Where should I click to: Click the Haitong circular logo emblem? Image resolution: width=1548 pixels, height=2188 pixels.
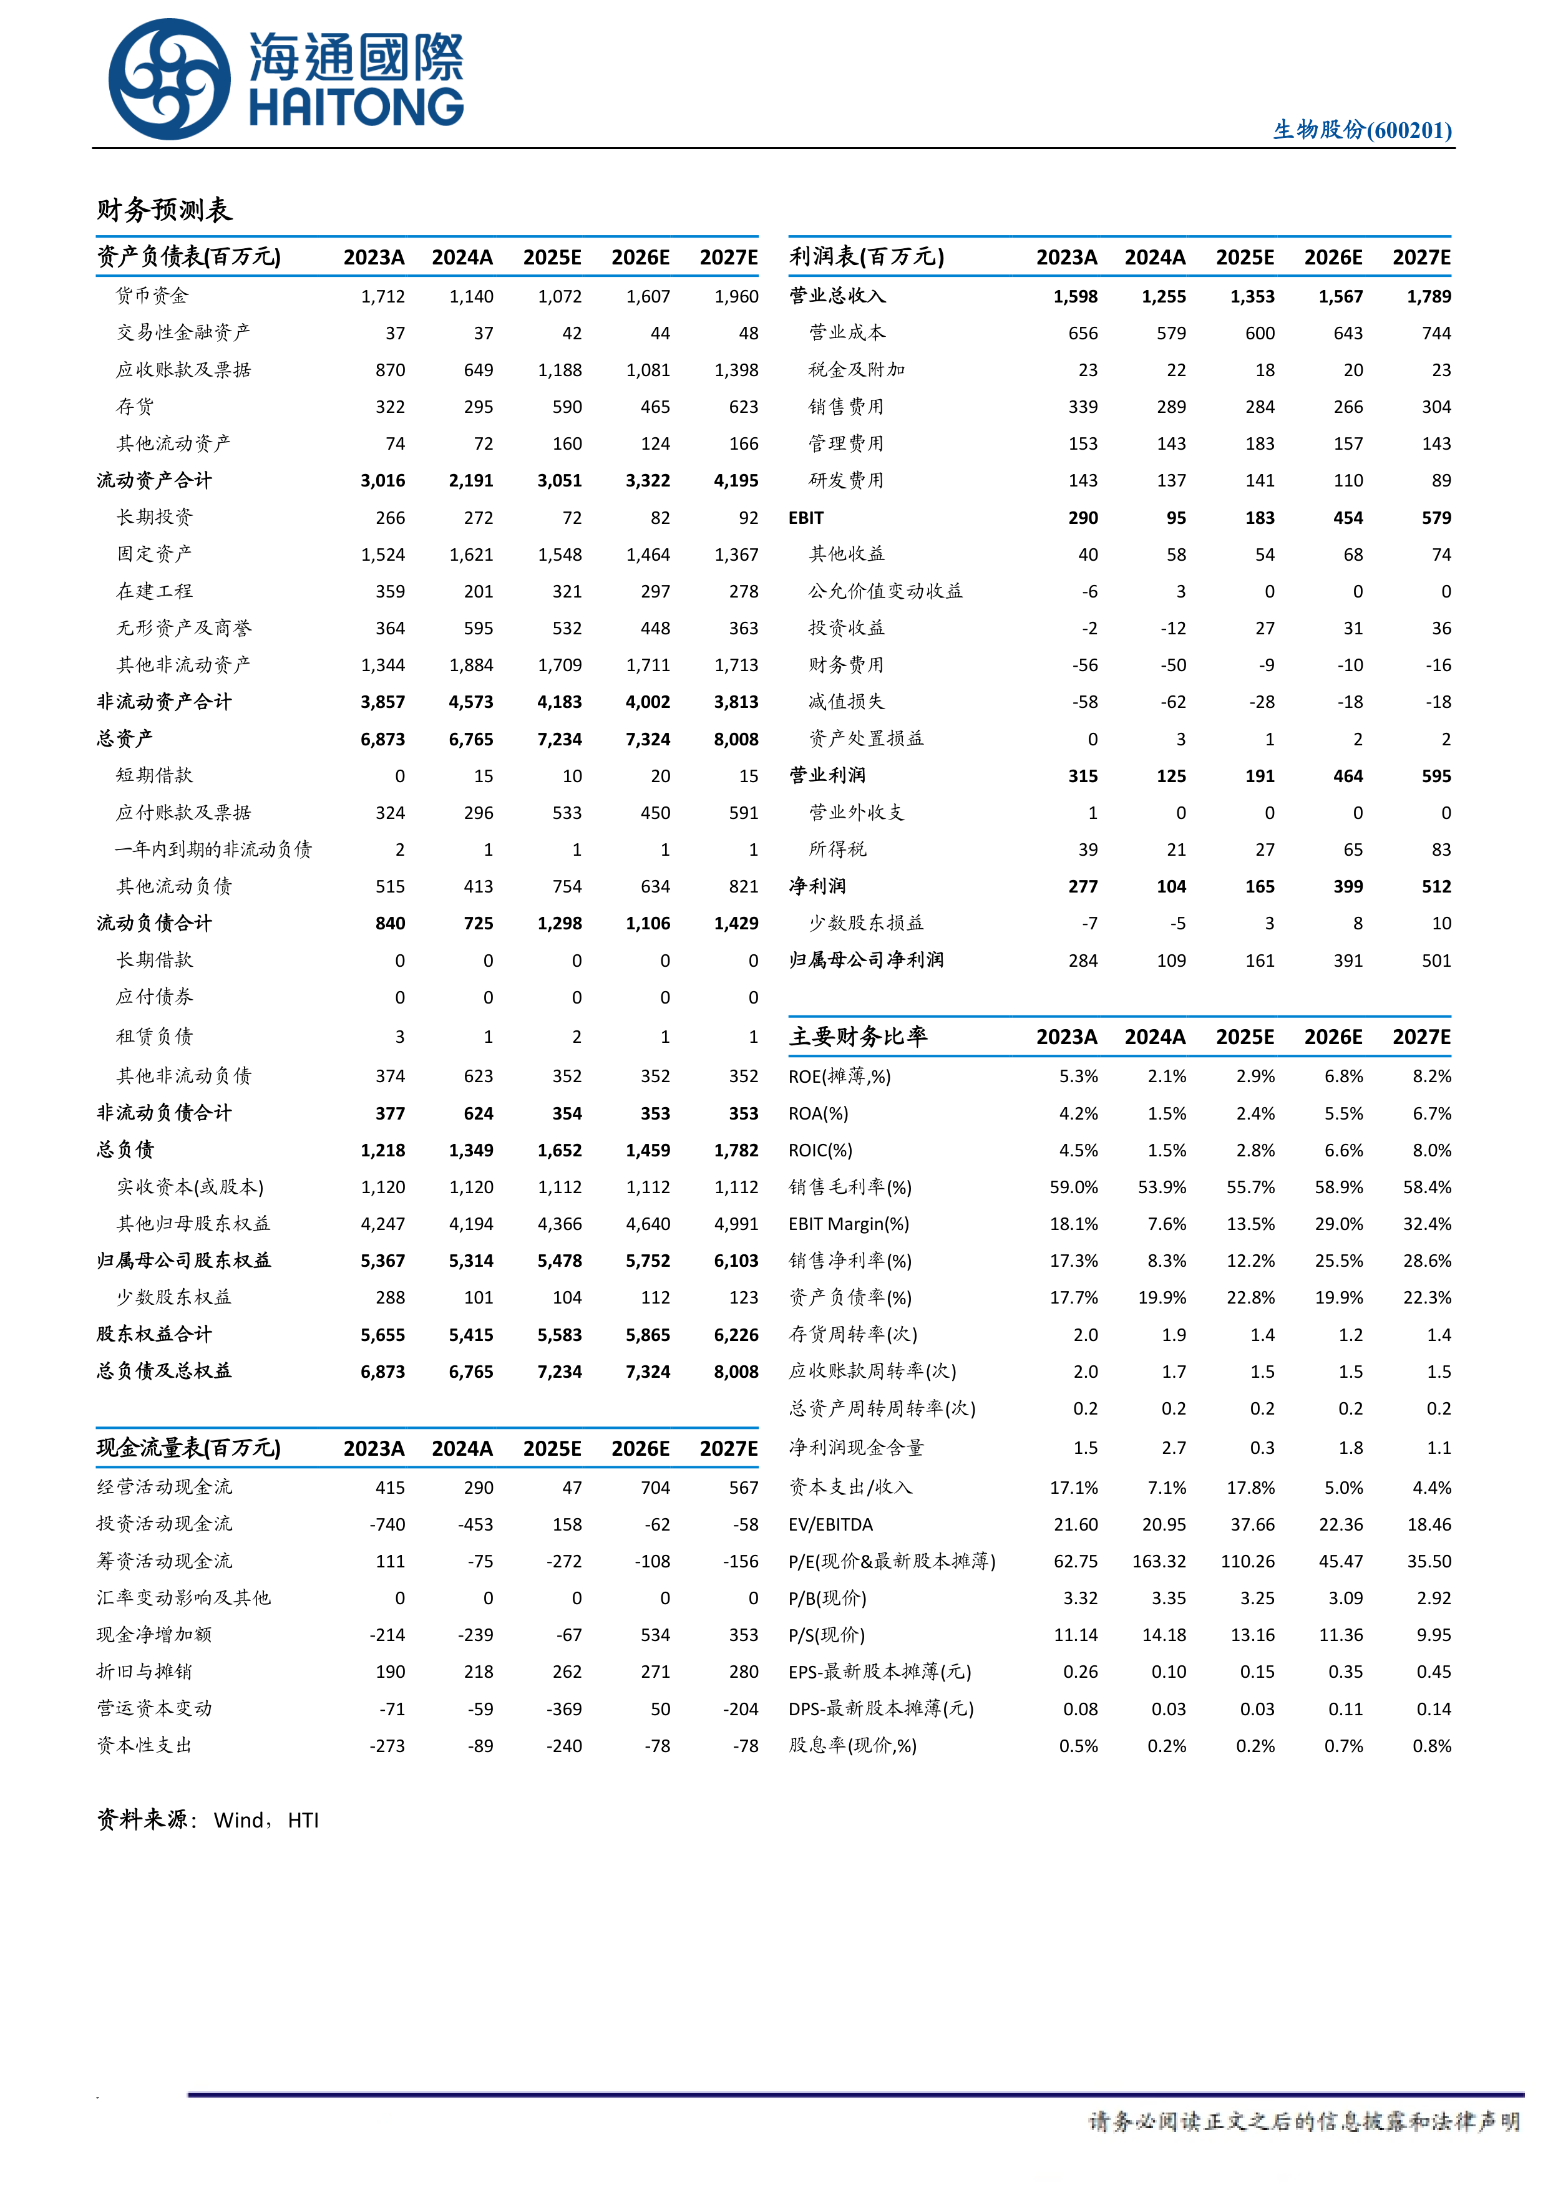(x=170, y=80)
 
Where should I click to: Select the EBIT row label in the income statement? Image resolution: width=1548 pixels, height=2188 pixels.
(x=806, y=518)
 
